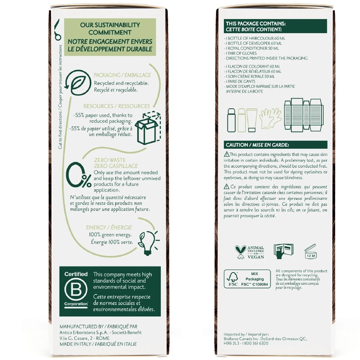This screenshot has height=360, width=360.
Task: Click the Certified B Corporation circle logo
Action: pyautogui.click(x=76, y=289)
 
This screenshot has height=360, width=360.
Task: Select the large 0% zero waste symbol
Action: pyautogui.click(x=78, y=175)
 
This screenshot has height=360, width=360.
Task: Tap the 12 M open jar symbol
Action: pyautogui.click(x=310, y=251)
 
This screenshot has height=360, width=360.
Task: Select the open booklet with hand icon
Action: pyautogui.click(x=283, y=251)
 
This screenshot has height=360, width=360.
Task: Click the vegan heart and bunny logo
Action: pyautogui.click(x=240, y=252)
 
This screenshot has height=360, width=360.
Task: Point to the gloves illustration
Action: pyautogui.click(x=270, y=118)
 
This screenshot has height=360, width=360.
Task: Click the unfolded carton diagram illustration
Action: pyautogui.click(x=304, y=115)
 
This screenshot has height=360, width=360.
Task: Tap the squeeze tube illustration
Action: pyautogui.click(x=252, y=120)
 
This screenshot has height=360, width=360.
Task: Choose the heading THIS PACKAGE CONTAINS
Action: pyautogui.click(x=256, y=23)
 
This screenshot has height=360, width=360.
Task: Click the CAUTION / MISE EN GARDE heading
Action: pyautogui.click(x=257, y=145)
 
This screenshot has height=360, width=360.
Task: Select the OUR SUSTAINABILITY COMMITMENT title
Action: pyautogui.click(x=110, y=28)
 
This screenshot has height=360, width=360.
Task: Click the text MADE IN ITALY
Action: pyautogui.click(x=75, y=344)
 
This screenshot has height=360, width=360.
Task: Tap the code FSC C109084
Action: pyautogui.click(x=255, y=284)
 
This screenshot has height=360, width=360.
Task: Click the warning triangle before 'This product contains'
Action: pyautogui.click(x=226, y=154)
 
